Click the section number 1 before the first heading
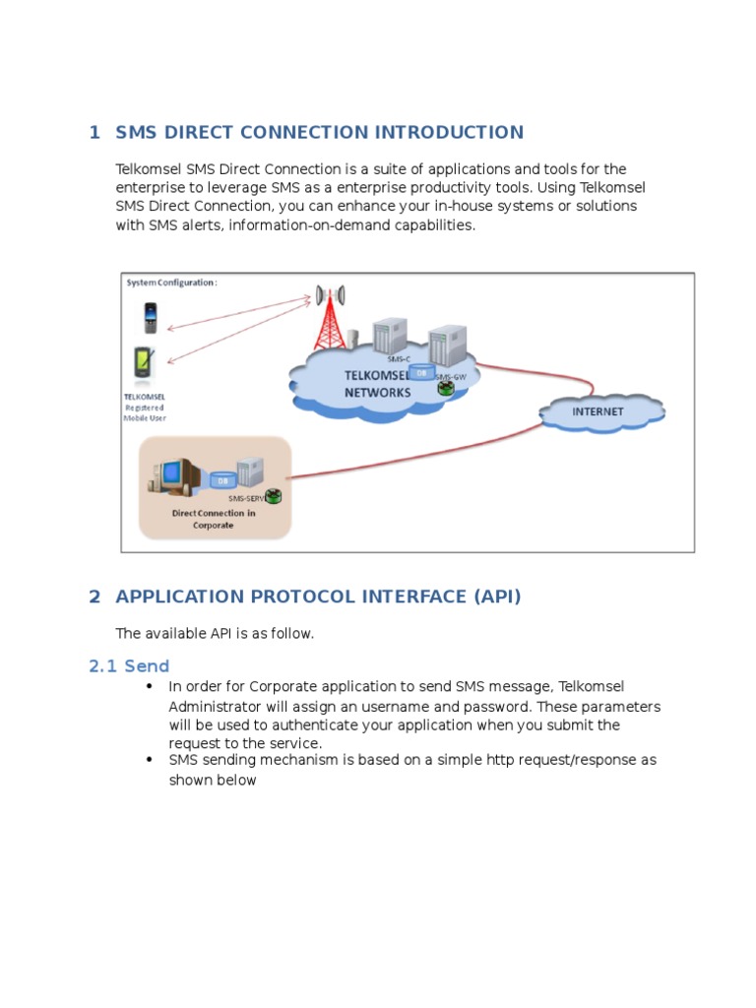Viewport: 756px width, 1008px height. [x=94, y=133]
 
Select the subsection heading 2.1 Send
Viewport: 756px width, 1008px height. [x=129, y=666]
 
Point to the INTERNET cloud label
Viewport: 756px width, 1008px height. [x=598, y=411]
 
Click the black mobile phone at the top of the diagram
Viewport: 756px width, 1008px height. [x=150, y=318]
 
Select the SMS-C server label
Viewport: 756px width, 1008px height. [x=399, y=359]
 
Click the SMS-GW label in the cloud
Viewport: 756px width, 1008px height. [x=452, y=377]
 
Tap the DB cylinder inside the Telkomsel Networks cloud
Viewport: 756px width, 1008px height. [x=420, y=374]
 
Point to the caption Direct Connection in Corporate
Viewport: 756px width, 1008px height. [x=214, y=519]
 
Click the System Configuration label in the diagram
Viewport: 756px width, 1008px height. [x=171, y=283]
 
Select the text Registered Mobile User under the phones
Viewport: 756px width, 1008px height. [x=144, y=412]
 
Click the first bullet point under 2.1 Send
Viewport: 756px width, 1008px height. [x=150, y=686]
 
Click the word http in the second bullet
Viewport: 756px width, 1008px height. [x=502, y=760]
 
